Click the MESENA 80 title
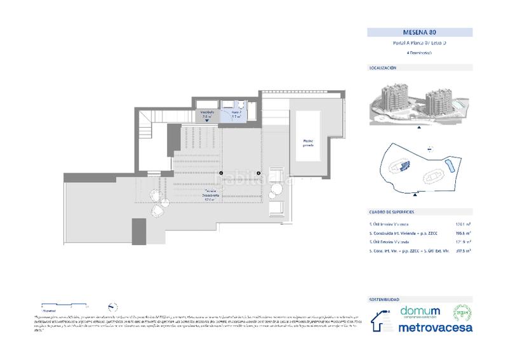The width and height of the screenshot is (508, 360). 420,32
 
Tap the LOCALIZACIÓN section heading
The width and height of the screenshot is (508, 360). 383,67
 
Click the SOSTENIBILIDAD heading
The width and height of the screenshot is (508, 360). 385,298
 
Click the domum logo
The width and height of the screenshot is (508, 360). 420,312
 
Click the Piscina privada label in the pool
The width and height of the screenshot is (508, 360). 308,143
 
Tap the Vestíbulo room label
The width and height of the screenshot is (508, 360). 208,114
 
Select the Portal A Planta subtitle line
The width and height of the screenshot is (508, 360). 420,43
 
